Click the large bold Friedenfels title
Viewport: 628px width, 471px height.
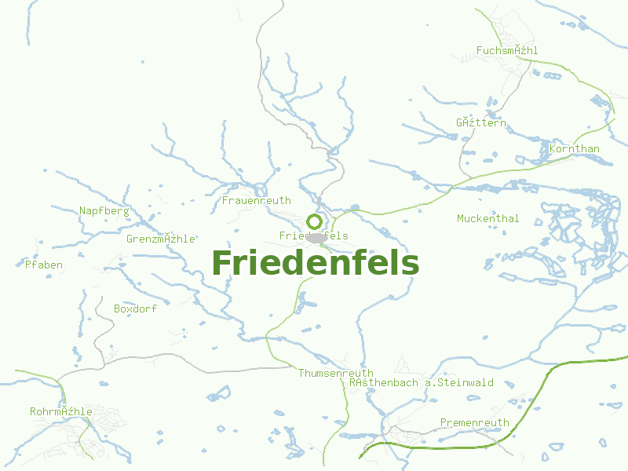click(x=315, y=263)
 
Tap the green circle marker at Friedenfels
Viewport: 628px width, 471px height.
click(x=314, y=221)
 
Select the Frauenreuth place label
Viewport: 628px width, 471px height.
click(x=257, y=201)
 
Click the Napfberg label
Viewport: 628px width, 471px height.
click(x=104, y=210)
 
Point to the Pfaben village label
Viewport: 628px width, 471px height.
click(x=44, y=265)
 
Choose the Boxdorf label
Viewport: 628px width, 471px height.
click(x=135, y=309)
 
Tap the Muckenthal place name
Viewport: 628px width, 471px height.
click(x=487, y=219)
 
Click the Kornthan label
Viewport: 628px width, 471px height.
click(x=575, y=149)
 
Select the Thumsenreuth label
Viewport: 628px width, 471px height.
click(x=335, y=374)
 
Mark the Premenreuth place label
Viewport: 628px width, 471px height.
click(x=474, y=423)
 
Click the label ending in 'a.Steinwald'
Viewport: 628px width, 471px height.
click(x=422, y=383)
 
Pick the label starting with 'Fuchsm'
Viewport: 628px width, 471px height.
click(x=507, y=51)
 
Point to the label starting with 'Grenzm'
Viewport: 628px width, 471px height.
click(x=160, y=239)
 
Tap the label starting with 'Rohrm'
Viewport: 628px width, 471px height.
click(x=61, y=412)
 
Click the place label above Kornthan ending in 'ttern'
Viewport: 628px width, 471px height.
click(x=480, y=124)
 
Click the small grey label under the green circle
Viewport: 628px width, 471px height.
click(x=313, y=236)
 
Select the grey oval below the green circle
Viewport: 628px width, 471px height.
click(x=316, y=237)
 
